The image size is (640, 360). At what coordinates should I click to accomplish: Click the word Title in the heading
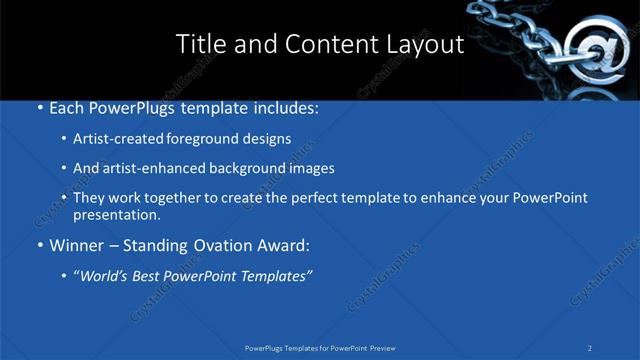click(198, 44)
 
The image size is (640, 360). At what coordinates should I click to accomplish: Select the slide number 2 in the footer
click(590, 348)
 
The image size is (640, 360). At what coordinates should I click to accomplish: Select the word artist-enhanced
click(147, 168)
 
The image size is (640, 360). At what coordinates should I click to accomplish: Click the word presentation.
click(117, 214)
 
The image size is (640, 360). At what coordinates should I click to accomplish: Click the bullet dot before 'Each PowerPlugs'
click(39, 107)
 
